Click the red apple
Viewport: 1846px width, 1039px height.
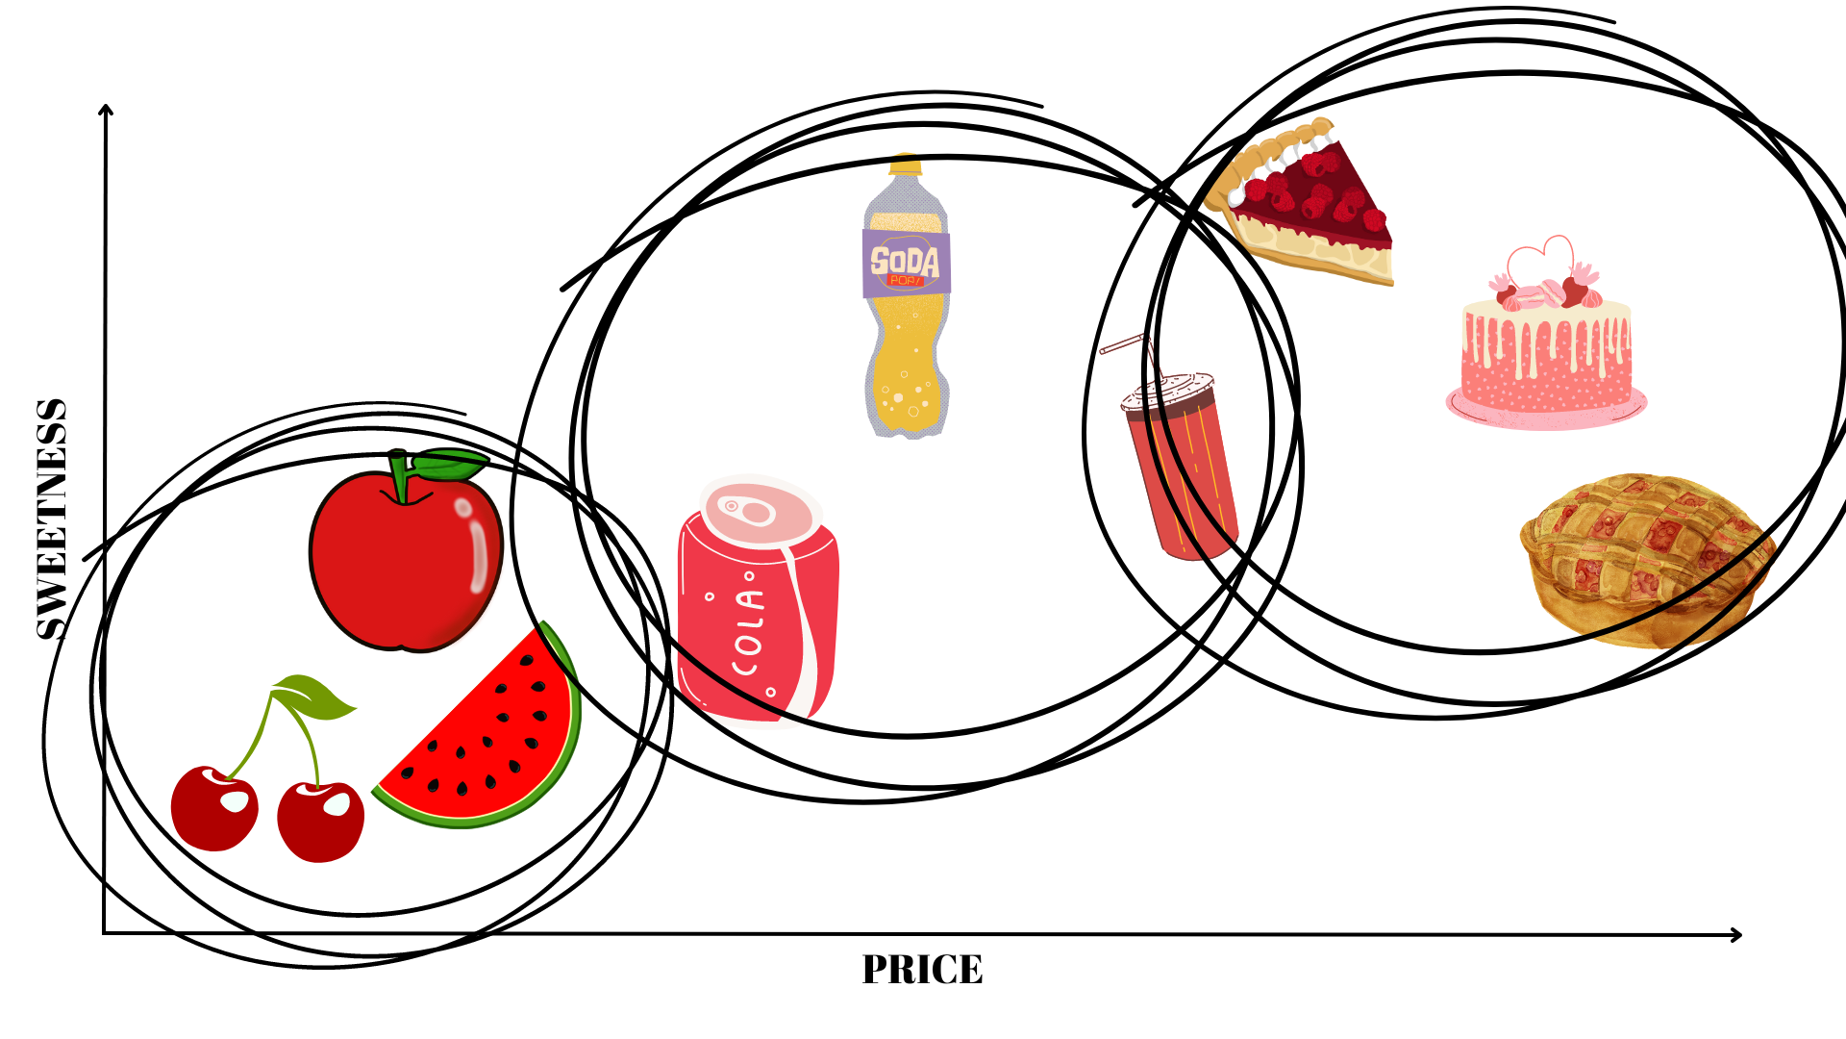(404, 563)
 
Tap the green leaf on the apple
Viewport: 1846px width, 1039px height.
(450, 465)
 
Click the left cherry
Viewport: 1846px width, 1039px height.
(214, 808)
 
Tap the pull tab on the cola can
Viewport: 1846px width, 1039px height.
(746, 509)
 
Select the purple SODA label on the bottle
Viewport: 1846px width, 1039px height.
(906, 262)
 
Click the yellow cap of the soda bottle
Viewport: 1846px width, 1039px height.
(906, 165)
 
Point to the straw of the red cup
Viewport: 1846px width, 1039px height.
(1125, 343)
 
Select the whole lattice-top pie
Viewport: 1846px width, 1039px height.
(1646, 558)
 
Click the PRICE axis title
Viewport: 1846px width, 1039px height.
(922, 970)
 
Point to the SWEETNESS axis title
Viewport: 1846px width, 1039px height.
(52, 519)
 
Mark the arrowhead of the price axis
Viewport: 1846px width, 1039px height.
(1736, 935)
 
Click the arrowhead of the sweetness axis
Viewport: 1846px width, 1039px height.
(106, 110)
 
